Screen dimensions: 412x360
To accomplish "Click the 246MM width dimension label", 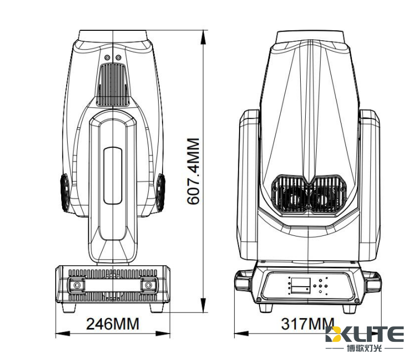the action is pyautogui.click(x=112, y=324).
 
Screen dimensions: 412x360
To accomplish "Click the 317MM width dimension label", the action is pyautogui.click(x=308, y=324).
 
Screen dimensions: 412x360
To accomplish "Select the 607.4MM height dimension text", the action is pyautogui.click(x=193, y=171).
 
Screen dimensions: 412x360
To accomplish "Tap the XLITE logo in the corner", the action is pyautogui.click(x=365, y=334).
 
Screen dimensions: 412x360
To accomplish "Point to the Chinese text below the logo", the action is pyautogui.click(x=364, y=348).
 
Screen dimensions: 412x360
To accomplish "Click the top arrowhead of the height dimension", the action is pyautogui.click(x=203, y=37).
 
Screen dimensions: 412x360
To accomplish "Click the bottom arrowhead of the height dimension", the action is pyautogui.click(x=203, y=305).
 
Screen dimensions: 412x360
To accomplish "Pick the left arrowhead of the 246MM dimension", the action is pyautogui.click(x=63, y=334).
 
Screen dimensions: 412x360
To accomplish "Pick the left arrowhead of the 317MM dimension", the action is pyautogui.click(x=241, y=334).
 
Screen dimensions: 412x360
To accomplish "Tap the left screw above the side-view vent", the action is pyautogui.click(x=107, y=57).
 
